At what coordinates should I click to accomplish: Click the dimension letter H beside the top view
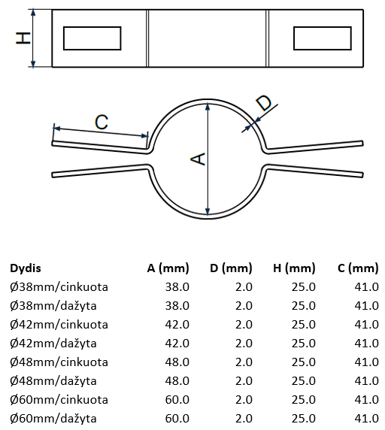[23, 38]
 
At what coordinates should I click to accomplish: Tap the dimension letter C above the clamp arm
[102, 122]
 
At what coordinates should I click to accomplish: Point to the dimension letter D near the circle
[264, 103]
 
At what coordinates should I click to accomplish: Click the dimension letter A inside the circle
[198, 159]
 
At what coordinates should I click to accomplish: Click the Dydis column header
[26, 268]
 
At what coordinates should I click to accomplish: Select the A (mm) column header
[168, 268]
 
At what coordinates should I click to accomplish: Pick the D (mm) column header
[231, 268]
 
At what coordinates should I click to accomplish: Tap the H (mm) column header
[294, 268]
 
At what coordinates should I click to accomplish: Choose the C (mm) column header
[358, 268]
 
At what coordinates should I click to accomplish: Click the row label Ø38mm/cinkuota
[59, 287]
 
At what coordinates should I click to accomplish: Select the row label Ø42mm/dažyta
[53, 344]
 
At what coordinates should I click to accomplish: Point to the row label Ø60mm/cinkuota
[59, 400]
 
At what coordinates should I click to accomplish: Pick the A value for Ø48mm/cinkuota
[177, 362]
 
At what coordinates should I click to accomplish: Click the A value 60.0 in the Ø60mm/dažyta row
[177, 419]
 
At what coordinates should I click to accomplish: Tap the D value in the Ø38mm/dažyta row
[244, 306]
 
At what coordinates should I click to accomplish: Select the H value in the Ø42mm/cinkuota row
[304, 325]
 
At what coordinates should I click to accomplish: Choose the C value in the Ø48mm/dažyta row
[367, 381]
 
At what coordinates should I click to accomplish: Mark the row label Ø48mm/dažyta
[53, 381]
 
